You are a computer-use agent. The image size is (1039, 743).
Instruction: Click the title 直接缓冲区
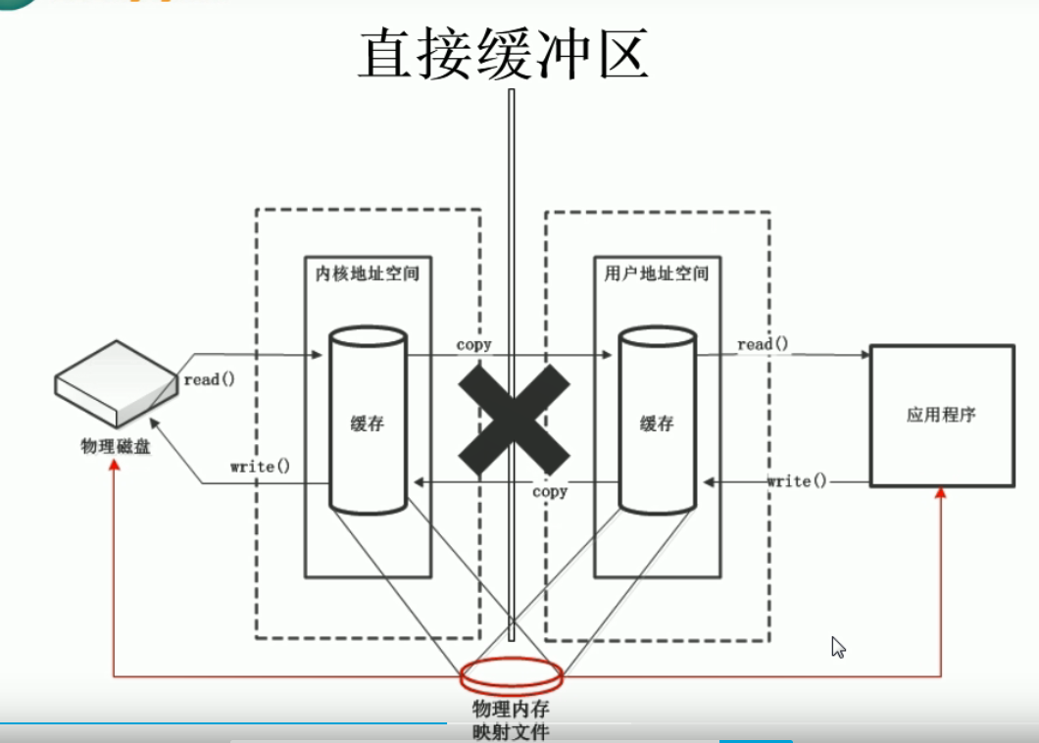tap(503, 55)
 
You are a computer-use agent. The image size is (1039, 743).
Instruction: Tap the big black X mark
tap(513, 417)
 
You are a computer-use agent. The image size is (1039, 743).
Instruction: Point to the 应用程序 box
tap(941, 415)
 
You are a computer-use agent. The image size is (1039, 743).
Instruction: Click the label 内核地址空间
tap(368, 273)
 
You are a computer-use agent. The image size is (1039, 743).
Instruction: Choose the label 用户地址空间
tap(657, 273)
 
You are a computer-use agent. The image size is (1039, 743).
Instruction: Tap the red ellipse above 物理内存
tap(512, 674)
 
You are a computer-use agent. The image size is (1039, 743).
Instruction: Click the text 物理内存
tap(511, 709)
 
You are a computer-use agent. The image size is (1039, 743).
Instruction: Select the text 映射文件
tap(511, 731)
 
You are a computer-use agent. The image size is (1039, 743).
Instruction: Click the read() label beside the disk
tap(209, 379)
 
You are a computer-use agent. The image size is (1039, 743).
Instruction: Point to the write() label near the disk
tap(260, 466)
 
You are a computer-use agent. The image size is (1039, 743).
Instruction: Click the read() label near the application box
tap(763, 344)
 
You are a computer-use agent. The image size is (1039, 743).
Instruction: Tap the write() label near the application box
tap(796, 480)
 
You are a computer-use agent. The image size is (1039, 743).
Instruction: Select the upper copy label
tap(473, 345)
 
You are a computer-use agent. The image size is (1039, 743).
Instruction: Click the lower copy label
tap(550, 491)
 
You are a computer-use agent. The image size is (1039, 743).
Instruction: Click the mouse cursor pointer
tap(837, 646)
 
